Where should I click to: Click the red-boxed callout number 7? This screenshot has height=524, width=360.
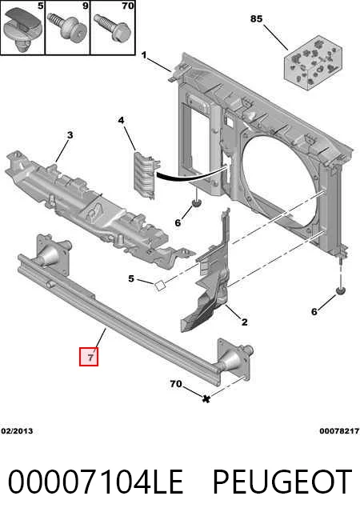tap(89, 357)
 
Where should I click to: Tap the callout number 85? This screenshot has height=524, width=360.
tap(256, 18)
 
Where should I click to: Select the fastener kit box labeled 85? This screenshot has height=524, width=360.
tap(314, 62)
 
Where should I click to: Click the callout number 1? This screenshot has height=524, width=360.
tap(144, 55)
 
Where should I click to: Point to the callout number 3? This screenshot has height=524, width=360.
tap(70, 135)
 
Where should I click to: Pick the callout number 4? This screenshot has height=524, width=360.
tap(121, 120)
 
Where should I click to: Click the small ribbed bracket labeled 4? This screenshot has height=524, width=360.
tap(146, 174)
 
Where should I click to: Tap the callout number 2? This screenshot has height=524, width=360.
tap(244, 322)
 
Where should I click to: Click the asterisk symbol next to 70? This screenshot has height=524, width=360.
tap(206, 398)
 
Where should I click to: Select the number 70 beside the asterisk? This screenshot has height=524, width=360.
tap(176, 384)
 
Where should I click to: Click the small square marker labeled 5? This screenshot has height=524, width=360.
tap(160, 286)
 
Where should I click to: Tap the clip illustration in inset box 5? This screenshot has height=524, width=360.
tap(22, 29)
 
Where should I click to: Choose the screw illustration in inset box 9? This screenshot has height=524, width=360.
tap(67, 27)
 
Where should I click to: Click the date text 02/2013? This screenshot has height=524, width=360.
tap(17, 431)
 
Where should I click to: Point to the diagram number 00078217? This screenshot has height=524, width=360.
tap(339, 431)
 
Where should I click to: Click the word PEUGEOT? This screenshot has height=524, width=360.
tap(282, 482)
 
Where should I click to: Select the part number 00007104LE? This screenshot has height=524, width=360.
tap(95, 482)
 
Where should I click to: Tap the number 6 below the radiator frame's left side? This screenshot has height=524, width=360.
tap(178, 222)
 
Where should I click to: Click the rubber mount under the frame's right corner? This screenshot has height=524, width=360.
tap(341, 291)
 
